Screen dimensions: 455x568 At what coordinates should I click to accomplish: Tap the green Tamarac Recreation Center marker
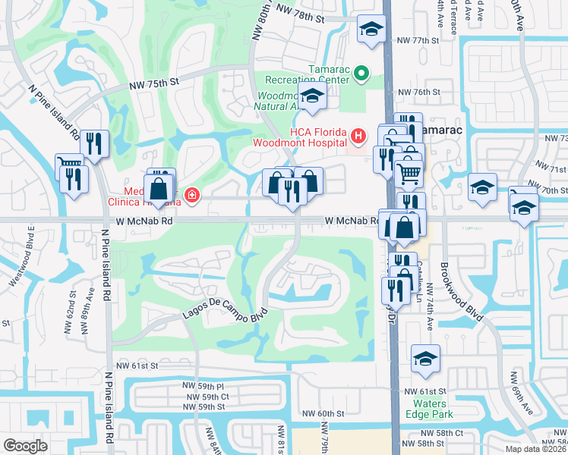click(361, 74)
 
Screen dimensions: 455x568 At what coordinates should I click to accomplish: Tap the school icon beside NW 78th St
click(371, 30)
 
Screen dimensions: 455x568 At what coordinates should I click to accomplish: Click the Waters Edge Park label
click(434, 409)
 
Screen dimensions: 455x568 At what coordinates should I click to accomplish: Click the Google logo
click(25, 445)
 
